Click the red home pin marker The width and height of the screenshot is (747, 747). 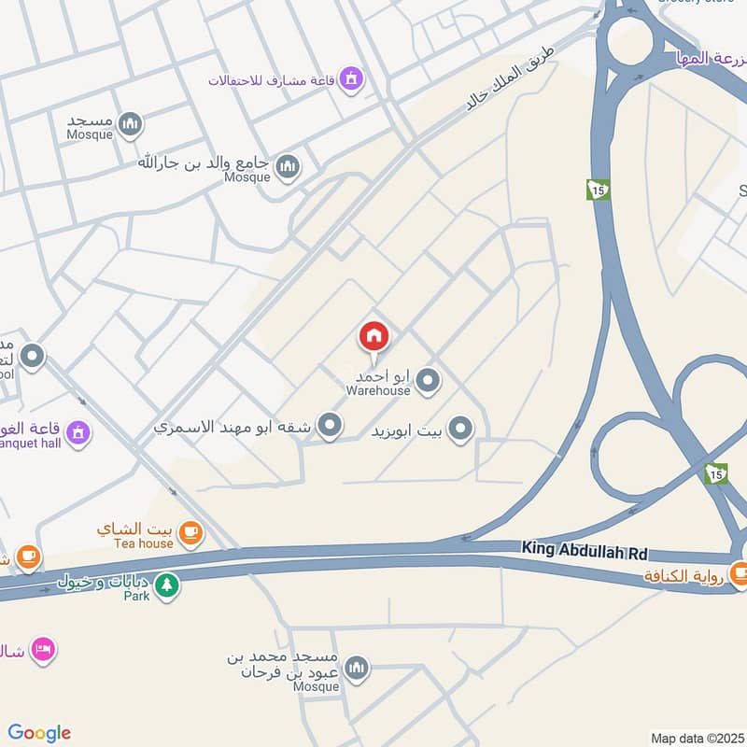tap(373, 337)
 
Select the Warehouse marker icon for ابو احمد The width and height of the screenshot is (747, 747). tap(428, 380)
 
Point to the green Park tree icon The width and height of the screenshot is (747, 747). tap(166, 586)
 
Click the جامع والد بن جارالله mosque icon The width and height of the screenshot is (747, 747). tap(288, 167)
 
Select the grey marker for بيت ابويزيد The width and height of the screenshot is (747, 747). tap(459, 430)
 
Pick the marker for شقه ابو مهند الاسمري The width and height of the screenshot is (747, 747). tap(329, 427)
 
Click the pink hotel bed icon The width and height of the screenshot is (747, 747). tap(42, 649)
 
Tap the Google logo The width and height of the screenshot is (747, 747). tap(39, 733)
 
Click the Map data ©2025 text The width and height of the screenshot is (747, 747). tap(697, 738)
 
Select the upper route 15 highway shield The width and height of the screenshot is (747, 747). tap(598, 190)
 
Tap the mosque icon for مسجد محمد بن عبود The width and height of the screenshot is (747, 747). tap(356, 669)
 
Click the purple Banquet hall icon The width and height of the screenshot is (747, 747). tap(79, 432)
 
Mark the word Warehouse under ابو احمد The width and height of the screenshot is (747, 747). tap(378, 390)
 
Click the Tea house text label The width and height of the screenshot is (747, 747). tap(144, 543)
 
